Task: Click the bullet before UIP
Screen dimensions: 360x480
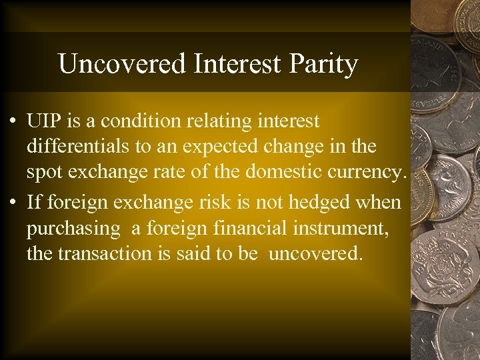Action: pos(13,122)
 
